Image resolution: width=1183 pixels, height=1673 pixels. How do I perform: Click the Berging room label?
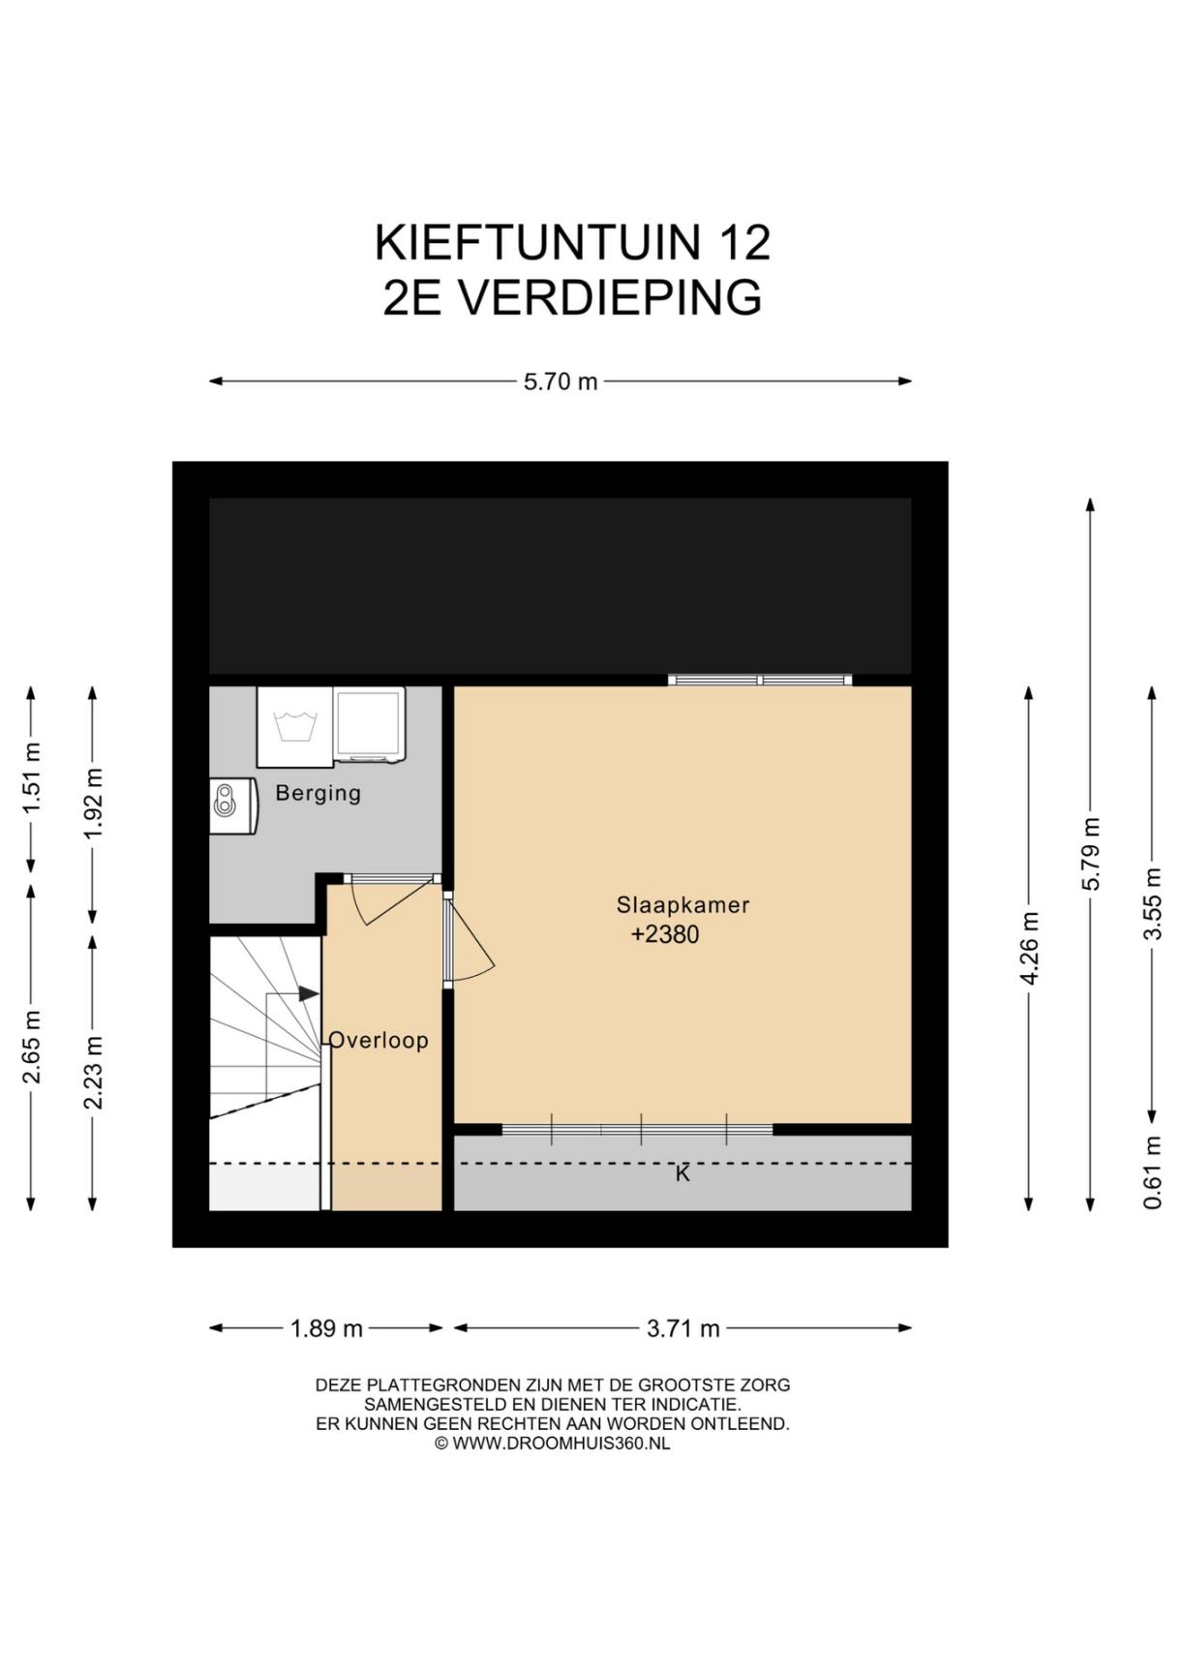click(318, 793)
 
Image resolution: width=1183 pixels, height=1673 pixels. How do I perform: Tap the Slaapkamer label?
click(683, 905)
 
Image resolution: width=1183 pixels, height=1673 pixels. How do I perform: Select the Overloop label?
click(379, 1040)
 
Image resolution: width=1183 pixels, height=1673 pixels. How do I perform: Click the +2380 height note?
click(665, 934)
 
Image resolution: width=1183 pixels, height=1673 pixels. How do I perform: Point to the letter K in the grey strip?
click(682, 1173)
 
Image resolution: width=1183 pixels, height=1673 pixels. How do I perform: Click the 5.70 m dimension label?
click(561, 381)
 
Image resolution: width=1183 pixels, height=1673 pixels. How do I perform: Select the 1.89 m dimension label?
click(327, 1328)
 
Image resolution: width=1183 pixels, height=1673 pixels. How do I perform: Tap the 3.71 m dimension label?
click(683, 1328)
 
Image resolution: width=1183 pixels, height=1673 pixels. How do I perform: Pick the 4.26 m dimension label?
click(1029, 949)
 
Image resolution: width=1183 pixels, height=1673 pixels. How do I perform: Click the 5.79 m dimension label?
click(1091, 854)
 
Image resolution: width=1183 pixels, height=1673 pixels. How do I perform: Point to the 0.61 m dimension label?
click(1152, 1172)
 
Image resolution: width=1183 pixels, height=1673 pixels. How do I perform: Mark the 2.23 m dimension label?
click(93, 1073)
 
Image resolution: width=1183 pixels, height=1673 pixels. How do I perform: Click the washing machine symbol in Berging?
click(294, 727)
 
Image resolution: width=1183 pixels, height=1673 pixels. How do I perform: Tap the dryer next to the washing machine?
click(369, 725)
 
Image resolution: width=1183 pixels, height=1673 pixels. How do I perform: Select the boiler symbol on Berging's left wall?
click(233, 806)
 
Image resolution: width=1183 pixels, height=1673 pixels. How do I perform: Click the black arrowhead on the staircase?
click(309, 994)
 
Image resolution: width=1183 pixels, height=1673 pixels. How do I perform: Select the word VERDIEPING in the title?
click(610, 297)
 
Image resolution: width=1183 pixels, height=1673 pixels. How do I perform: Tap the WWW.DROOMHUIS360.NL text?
click(561, 1443)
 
